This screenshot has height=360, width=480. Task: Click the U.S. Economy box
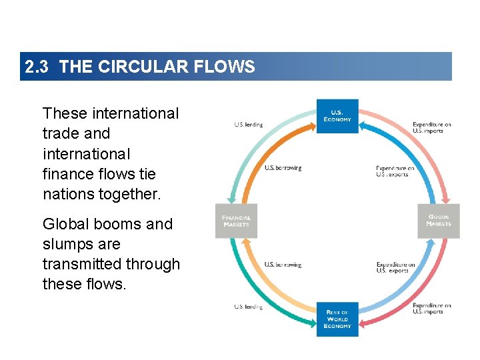[337, 116]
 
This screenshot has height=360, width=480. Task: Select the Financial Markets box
[235, 221]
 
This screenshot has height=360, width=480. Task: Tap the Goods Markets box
[439, 221]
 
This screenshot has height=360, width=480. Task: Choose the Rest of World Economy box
[337, 319]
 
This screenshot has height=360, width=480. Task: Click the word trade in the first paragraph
[59, 133]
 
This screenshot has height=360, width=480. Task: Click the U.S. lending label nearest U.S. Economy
[248, 125]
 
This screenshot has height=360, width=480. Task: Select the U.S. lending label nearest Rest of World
[248, 307]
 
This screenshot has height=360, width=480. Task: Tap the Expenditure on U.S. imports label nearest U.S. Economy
[431, 127]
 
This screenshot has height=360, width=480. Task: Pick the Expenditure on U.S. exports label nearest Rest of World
[395, 268]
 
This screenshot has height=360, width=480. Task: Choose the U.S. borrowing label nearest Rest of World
[283, 265]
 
